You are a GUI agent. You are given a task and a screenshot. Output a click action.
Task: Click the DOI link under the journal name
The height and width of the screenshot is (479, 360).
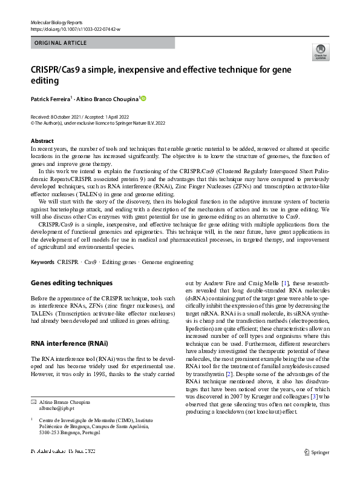point(75,29)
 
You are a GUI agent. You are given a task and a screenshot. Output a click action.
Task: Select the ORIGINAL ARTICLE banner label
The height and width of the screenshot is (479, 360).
point(61,43)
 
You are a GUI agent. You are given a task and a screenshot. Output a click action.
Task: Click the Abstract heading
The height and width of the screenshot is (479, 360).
point(42,141)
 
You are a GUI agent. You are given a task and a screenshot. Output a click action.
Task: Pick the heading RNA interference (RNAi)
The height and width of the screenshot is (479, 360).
point(69,343)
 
